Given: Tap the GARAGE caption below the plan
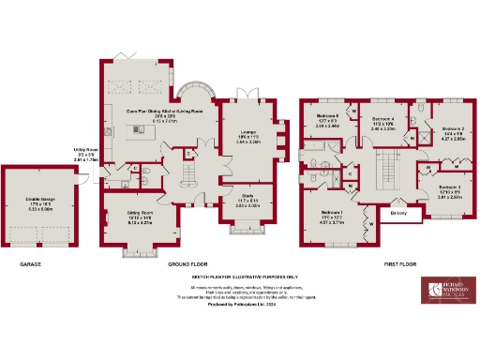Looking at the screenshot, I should (x=31, y=264).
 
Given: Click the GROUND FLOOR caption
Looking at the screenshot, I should (x=187, y=264).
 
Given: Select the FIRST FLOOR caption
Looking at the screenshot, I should (x=400, y=264).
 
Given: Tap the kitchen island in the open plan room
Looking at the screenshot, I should (x=145, y=130).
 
